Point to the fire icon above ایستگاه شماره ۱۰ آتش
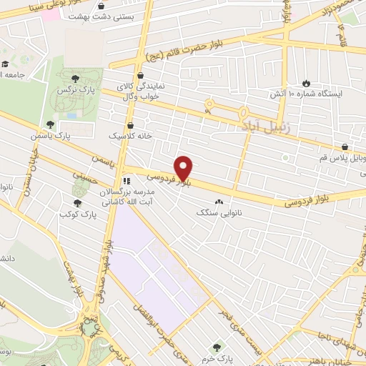[x=306, y=83]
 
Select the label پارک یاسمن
[x=47, y=134]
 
